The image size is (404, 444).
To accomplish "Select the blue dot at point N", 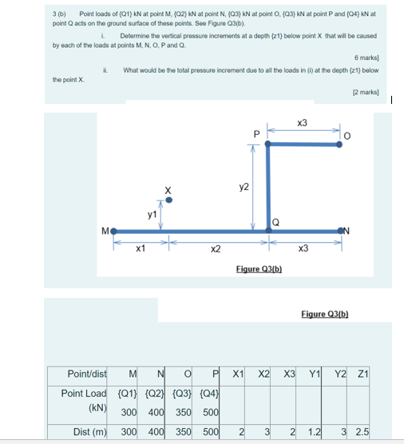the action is pos(344,231).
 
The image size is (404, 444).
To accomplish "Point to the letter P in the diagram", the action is pos(255,134).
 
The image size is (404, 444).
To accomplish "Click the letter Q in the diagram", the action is pos(275,222).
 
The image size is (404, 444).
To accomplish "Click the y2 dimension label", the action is pos(244,186).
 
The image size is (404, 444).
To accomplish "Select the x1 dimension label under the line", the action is pos(141,248).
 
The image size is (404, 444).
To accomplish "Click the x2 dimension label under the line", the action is pos(216,248).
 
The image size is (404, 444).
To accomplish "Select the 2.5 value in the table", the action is pos(362,432).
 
